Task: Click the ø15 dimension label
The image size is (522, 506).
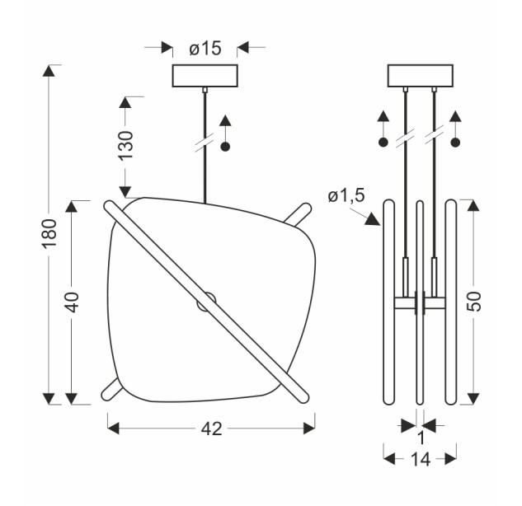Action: click(205, 49)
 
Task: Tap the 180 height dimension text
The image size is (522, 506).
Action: click(49, 233)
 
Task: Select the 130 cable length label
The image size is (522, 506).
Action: click(126, 145)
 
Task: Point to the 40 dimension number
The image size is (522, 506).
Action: click(72, 302)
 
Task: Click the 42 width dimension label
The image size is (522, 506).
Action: click(211, 429)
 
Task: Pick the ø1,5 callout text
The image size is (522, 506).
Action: click(346, 195)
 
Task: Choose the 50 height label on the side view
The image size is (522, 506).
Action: click(474, 301)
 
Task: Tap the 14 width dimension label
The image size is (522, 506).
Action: click(421, 460)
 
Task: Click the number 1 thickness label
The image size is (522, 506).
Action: click(421, 438)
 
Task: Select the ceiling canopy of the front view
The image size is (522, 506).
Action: click(205, 76)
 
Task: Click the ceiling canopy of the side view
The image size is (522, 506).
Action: click(421, 76)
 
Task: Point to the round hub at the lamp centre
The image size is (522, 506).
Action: click(206, 302)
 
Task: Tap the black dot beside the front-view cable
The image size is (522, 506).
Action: click(226, 147)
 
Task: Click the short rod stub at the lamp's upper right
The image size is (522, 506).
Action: click(298, 214)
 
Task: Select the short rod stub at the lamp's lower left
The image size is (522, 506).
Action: click(111, 389)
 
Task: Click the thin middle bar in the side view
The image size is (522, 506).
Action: click(420, 302)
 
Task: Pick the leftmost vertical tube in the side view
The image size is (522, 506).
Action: click(388, 302)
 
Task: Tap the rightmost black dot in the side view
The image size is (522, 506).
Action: click(455, 143)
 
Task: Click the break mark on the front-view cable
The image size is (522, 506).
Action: click(205, 143)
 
